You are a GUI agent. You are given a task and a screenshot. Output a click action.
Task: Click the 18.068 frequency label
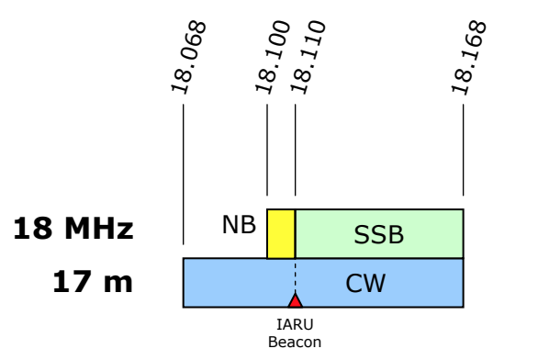[188, 57]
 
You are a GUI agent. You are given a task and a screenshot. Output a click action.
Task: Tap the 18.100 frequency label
[273, 57]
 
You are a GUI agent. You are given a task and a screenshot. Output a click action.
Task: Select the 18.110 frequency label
[308, 57]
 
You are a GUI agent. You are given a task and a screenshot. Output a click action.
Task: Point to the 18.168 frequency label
[469, 57]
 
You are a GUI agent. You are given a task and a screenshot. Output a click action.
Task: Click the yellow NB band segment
[281, 233]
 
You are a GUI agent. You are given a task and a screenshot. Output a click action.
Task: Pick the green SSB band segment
[379, 233]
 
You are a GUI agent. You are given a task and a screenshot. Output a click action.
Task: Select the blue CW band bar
[323, 283]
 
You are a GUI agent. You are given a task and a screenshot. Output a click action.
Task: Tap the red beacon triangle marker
[295, 300]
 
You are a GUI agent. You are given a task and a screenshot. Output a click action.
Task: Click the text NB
[239, 225]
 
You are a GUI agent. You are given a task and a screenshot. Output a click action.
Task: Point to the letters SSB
[379, 235]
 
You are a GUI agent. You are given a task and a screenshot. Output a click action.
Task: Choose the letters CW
[365, 284]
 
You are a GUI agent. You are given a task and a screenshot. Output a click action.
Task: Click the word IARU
[295, 325]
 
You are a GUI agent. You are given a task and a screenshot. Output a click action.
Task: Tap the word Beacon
[295, 343]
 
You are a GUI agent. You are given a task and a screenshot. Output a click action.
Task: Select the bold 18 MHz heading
[73, 229]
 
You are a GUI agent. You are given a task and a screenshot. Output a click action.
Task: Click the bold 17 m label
[93, 282]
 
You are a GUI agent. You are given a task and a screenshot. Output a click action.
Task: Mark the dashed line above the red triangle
[295, 276]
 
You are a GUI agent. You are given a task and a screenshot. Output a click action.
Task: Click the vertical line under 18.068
[184, 174]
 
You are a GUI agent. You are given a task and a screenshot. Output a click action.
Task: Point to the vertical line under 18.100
[267, 150]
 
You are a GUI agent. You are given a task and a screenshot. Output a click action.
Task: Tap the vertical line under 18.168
[464, 150]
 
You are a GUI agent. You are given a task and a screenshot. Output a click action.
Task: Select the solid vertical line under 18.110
[295, 150]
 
